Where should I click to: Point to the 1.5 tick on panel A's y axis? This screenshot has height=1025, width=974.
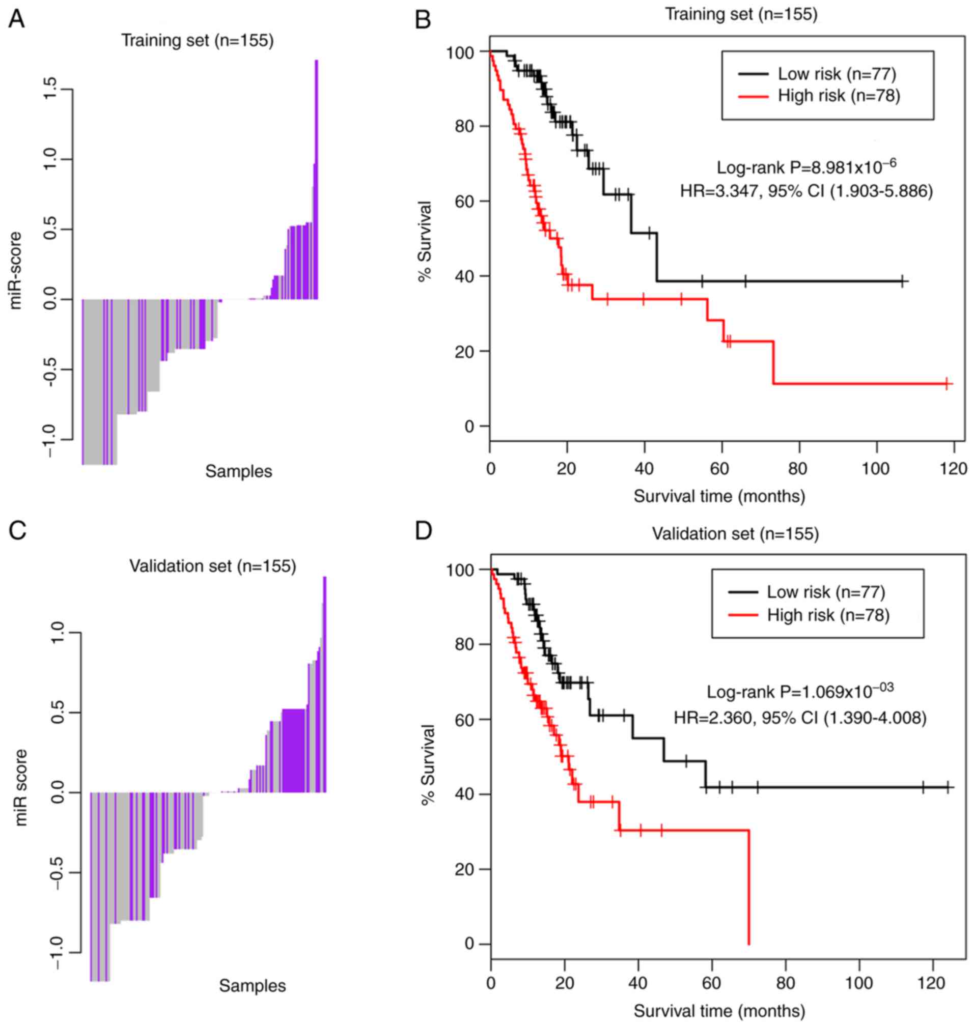pos(51,89)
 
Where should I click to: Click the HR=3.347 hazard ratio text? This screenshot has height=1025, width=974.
pos(806,191)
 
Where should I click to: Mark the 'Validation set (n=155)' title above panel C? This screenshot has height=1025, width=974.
pos(213,566)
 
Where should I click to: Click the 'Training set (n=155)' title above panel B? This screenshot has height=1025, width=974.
pos(741,15)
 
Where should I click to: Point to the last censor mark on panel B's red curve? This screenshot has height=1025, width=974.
pos(946,384)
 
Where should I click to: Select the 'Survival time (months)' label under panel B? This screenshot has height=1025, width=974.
pos(719,496)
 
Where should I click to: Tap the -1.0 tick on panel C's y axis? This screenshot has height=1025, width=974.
pos(57,953)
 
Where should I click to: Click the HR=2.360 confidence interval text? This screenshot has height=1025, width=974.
pos(799,718)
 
